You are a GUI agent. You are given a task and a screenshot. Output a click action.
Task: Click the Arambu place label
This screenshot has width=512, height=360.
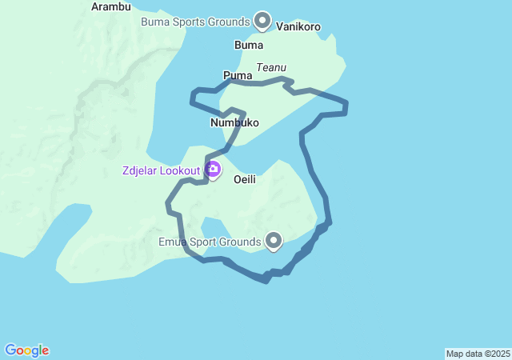click(111, 6)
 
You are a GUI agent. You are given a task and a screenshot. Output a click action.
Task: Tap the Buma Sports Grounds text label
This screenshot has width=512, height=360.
click(196, 22)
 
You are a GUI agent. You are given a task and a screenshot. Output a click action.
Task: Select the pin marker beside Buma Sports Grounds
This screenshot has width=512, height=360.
click(262, 20)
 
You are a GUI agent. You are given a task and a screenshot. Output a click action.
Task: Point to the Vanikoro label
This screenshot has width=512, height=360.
click(298, 26)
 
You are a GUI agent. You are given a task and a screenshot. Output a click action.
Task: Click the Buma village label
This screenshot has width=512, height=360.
click(249, 45)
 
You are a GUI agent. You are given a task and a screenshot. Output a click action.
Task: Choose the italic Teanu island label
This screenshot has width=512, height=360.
click(271, 68)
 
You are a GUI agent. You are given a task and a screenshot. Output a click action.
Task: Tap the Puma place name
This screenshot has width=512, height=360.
click(238, 75)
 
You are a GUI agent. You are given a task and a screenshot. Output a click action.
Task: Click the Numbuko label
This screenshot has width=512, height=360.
click(234, 122)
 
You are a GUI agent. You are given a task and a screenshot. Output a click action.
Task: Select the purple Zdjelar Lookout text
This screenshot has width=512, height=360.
click(162, 170)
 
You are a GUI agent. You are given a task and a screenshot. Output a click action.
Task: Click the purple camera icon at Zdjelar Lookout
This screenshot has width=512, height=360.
click(214, 169)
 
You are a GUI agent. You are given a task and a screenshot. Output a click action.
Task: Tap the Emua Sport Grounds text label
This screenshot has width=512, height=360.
click(210, 241)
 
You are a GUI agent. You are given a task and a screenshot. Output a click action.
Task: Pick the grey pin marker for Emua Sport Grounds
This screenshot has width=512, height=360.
click(274, 239)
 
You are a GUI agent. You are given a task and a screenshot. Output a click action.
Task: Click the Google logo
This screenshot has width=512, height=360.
click(26, 350)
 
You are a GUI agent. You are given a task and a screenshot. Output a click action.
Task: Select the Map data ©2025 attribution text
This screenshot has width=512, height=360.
click(478, 354)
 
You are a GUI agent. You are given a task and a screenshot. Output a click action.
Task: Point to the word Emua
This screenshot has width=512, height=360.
click(174, 241)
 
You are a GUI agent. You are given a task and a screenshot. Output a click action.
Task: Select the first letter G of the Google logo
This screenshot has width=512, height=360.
click(10, 350)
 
